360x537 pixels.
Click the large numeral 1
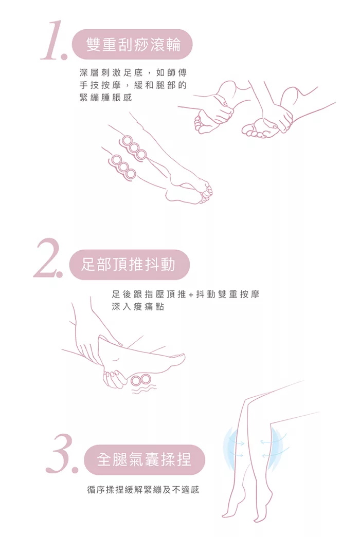[x=53, y=41]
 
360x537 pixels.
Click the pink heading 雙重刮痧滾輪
[x=134, y=44]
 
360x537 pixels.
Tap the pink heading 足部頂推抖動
[x=129, y=264]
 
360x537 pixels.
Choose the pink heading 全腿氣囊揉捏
[x=144, y=459]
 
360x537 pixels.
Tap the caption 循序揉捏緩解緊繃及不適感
[x=143, y=490]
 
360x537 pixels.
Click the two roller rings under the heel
[x=140, y=380]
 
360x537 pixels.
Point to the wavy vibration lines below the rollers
[x=141, y=392]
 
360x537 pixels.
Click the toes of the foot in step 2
[x=178, y=358]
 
